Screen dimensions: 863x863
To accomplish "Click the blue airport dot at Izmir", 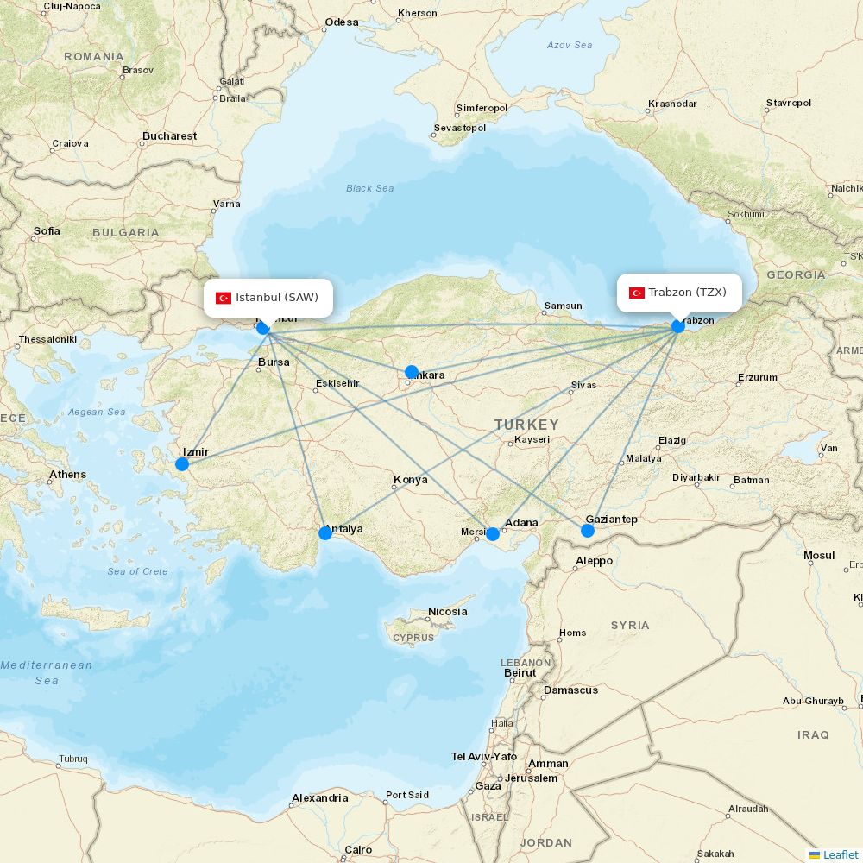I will (x=182, y=464).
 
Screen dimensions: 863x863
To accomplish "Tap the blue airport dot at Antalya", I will (x=325, y=533).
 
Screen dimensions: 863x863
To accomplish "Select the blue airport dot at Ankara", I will (x=412, y=372).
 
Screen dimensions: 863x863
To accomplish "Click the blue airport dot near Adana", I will (x=493, y=534).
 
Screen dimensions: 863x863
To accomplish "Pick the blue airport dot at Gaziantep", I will (x=588, y=530).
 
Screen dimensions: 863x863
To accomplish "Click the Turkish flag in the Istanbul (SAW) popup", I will (x=224, y=298).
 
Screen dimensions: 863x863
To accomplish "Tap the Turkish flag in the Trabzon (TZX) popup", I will (x=637, y=293).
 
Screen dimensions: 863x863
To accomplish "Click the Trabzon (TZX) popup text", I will (x=687, y=293).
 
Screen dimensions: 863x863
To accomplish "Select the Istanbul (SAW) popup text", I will (x=277, y=298).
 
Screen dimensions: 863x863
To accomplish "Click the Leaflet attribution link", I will (x=841, y=854).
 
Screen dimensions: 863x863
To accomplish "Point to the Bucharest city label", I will (x=170, y=135).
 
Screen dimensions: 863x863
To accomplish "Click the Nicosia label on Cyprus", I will (x=448, y=612).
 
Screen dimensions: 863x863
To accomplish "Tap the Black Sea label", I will (x=370, y=188).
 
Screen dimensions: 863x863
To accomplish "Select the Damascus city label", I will (x=570, y=690).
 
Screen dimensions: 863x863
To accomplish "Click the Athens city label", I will (x=68, y=475).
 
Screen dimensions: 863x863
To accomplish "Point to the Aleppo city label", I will (x=594, y=561).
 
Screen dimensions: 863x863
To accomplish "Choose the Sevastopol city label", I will (x=460, y=128).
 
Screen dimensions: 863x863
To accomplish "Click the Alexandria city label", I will (x=319, y=798).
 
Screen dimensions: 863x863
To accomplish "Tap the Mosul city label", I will (x=819, y=556).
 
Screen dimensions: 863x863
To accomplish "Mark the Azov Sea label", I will (x=570, y=45).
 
